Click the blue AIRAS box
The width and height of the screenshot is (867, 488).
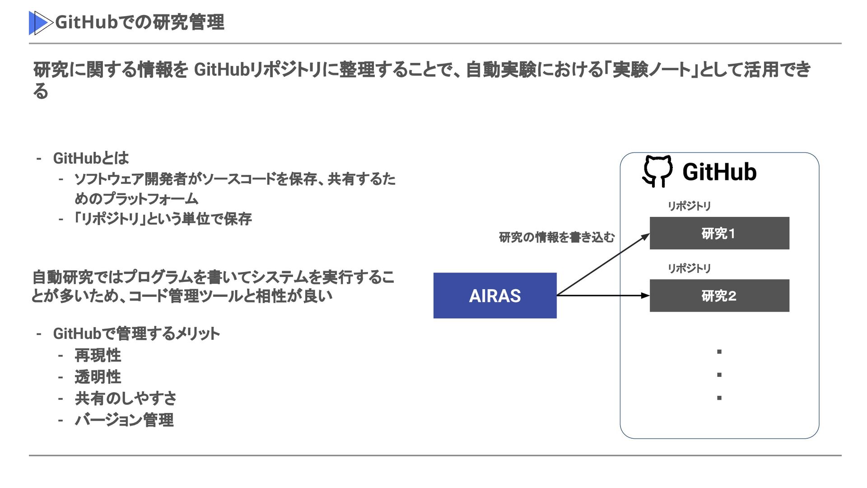tap(494, 296)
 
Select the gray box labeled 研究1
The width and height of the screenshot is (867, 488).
tap(719, 233)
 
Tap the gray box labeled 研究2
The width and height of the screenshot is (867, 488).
tap(719, 296)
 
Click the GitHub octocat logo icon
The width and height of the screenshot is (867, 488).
tap(657, 171)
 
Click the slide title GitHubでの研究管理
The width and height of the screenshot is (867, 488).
tap(140, 22)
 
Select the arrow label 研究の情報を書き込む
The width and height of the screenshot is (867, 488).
tap(556, 237)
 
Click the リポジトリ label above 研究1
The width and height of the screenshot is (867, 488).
tap(689, 206)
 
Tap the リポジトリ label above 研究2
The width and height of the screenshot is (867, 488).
tap(689, 268)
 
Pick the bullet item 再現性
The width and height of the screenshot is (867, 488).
tap(98, 355)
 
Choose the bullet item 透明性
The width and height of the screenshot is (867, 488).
tap(98, 377)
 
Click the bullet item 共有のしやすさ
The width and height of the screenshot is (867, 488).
tap(126, 398)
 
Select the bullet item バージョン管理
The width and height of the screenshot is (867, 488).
tap(124, 420)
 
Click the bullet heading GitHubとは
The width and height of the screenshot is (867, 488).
tap(91, 158)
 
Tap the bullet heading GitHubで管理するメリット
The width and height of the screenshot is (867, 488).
tap(136, 333)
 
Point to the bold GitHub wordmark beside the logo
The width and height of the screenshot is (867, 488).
tap(719, 172)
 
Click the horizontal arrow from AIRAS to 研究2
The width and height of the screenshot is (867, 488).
tap(603, 296)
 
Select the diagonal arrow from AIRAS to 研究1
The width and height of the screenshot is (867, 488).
tap(603, 265)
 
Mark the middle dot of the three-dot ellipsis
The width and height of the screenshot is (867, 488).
tap(719, 375)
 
